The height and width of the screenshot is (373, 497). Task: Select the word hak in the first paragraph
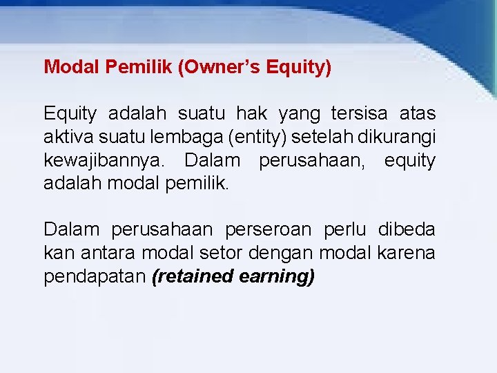coord(253,113)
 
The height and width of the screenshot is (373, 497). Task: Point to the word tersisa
coord(359,113)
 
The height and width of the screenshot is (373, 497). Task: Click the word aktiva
coord(64,137)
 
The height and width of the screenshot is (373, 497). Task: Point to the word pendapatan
coord(95,277)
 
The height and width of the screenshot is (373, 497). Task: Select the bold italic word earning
coord(277,277)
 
